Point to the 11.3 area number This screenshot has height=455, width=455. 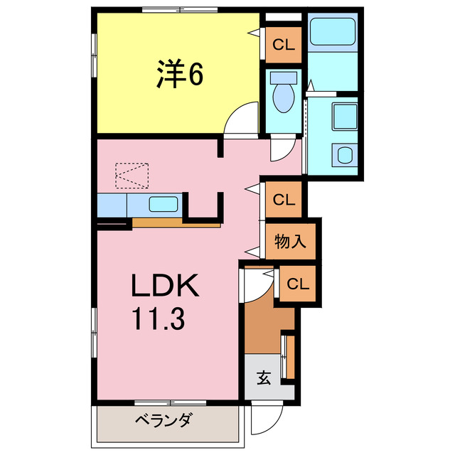[x=157, y=319]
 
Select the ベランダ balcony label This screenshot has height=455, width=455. [x=163, y=420]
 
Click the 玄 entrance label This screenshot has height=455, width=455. [x=264, y=378]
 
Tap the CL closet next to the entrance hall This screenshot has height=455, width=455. [x=298, y=284]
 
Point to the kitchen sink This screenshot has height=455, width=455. [x=164, y=205]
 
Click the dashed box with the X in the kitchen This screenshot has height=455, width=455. [x=133, y=175]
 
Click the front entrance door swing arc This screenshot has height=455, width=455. [x=268, y=420]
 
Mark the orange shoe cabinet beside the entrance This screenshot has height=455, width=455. [x=288, y=355]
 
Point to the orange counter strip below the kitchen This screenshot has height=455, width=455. [x=176, y=223]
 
